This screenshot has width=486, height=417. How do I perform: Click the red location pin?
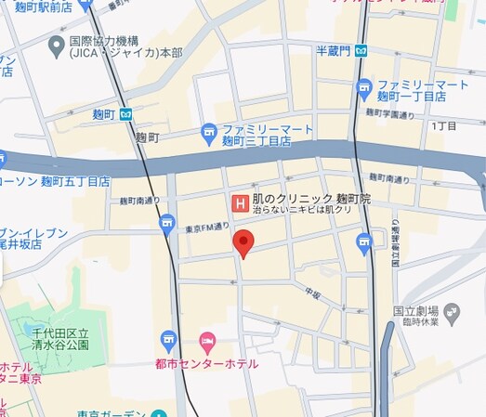pos(243,243)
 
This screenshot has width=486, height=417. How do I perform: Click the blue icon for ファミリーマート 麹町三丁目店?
pos(209,133)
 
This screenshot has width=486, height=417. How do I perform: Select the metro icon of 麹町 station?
pos(125,113)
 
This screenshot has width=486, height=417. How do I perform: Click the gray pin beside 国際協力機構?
pos(54,43)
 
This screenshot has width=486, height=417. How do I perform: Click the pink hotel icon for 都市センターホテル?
pos(206,341)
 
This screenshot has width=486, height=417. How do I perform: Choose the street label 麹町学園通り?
pos(389,114)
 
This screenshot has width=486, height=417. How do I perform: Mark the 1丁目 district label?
pos(444,124)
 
